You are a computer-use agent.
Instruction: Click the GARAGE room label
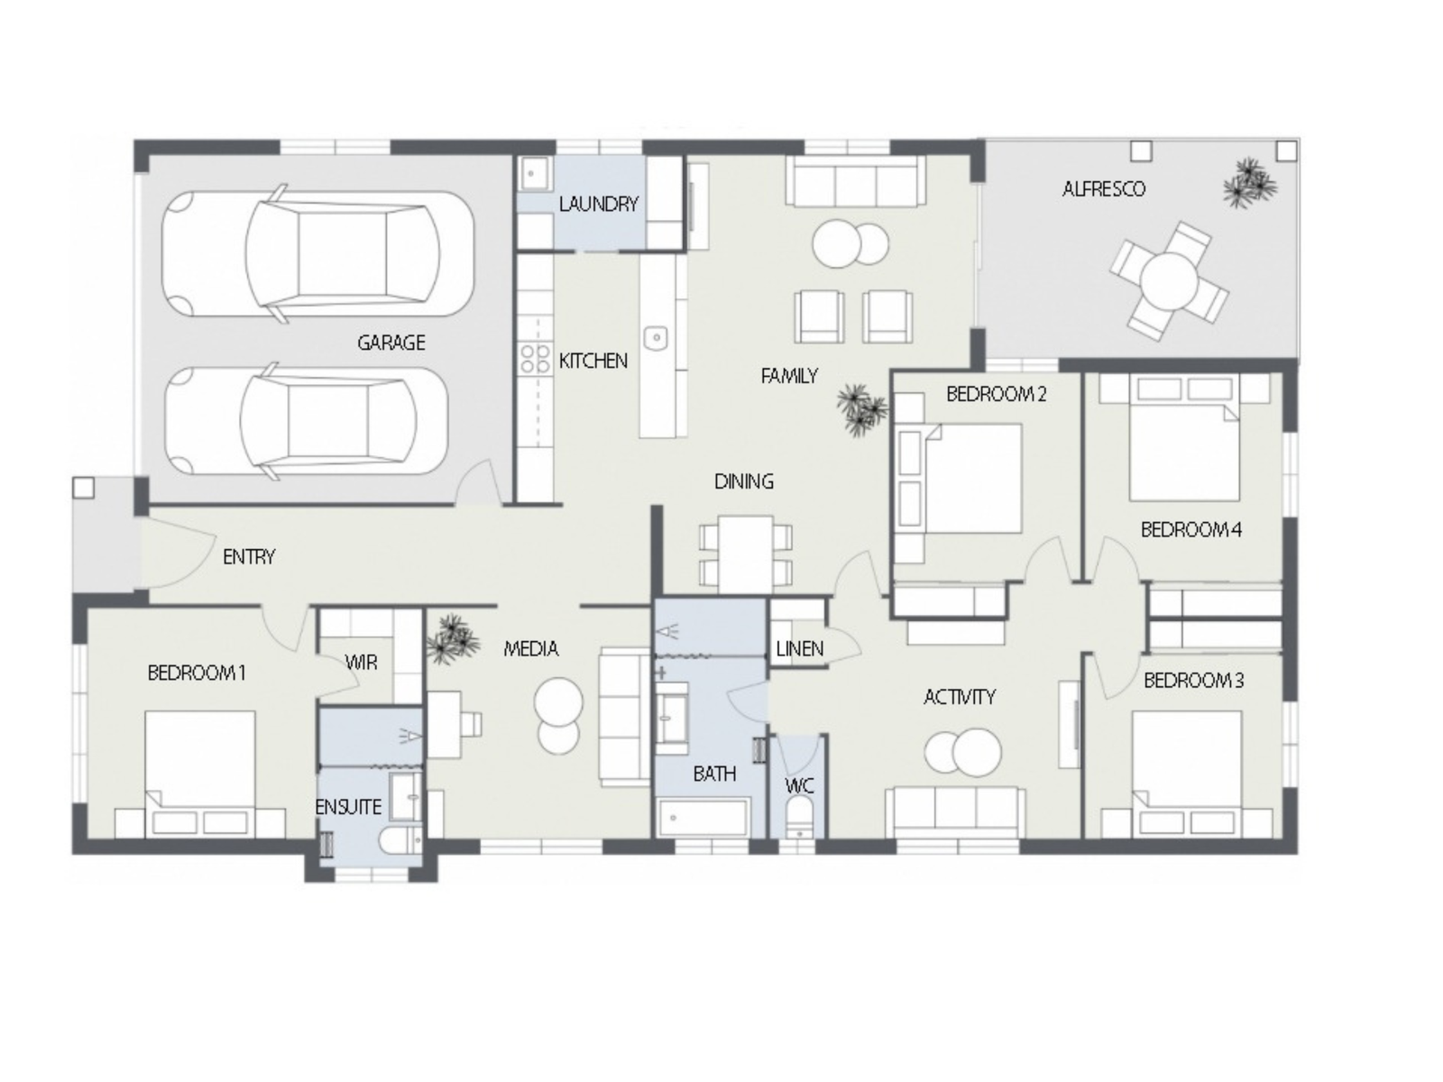click(391, 343)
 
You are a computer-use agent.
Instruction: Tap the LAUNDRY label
click(598, 205)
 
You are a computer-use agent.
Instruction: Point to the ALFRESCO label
click(1104, 189)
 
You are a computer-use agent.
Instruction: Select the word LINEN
click(799, 649)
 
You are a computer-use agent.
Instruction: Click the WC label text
click(799, 785)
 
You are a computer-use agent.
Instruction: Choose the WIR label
click(361, 662)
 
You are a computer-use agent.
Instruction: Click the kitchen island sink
click(656, 338)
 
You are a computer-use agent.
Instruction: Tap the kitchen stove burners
click(535, 359)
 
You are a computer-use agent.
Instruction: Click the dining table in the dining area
click(745, 554)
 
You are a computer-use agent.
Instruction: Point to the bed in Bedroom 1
click(200, 774)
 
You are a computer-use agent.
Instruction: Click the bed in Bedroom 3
click(1187, 774)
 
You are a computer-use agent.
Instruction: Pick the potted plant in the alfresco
click(1249, 183)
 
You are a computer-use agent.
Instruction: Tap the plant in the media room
click(453, 639)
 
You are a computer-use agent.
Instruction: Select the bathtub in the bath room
click(703, 818)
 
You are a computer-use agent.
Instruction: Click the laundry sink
click(535, 173)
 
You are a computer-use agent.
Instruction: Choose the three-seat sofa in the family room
click(855, 180)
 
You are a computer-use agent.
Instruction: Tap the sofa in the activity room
click(954, 813)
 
